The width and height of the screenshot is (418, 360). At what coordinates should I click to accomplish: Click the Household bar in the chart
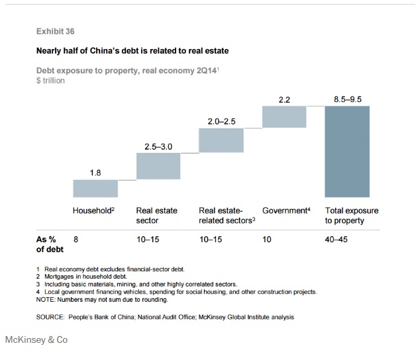(x=95, y=188)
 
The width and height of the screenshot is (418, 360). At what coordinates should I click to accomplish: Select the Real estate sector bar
(x=158, y=166)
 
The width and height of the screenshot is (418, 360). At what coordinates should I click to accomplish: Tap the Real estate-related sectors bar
(x=221, y=140)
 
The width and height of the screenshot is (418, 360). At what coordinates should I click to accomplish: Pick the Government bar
(x=284, y=116)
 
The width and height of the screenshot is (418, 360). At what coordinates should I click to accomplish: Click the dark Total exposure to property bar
(x=347, y=151)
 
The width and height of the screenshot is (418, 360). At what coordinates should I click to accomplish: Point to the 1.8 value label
(x=95, y=173)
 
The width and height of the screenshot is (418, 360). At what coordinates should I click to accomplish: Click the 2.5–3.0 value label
(x=158, y=146)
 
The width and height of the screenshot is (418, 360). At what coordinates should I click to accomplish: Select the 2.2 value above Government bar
(x=284, y=99)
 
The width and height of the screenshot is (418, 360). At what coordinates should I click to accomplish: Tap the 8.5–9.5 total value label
(x=348, y=99)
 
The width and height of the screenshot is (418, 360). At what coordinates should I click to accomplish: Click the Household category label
(x=94, y=210)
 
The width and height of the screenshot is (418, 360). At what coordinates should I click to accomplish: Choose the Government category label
(x=286, y=210)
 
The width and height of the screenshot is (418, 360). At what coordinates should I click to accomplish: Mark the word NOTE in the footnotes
(x=47, y=300)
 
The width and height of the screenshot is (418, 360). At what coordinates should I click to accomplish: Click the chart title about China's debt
(x=132, y=50)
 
